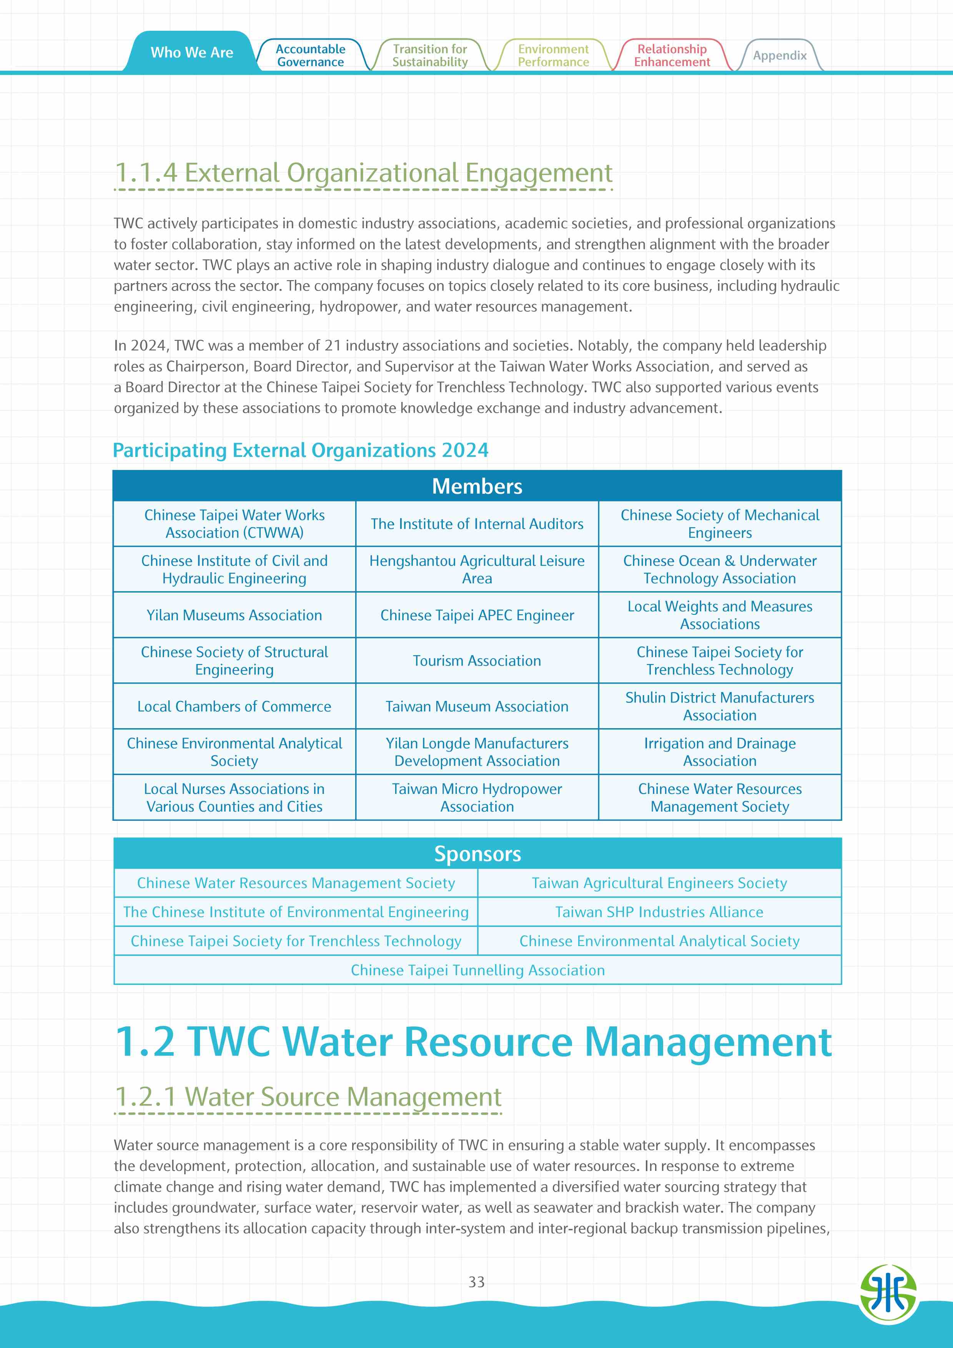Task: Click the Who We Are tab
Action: click(191, 53)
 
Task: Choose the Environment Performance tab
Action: click(553, 56)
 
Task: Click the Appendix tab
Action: click(779, 56)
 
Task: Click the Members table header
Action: click(477, 486)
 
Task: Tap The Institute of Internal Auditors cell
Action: click(477, 524)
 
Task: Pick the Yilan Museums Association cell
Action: click(234, 615)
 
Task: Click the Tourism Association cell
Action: click(477, 661)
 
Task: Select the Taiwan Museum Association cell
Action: click(477, 706)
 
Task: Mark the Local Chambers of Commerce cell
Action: click(234, 706)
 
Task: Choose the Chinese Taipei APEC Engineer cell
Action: click(477, 615)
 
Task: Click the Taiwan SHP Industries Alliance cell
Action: click(659, 912)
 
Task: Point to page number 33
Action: click(476, 1282)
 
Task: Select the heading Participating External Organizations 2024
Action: click(300, 450)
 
